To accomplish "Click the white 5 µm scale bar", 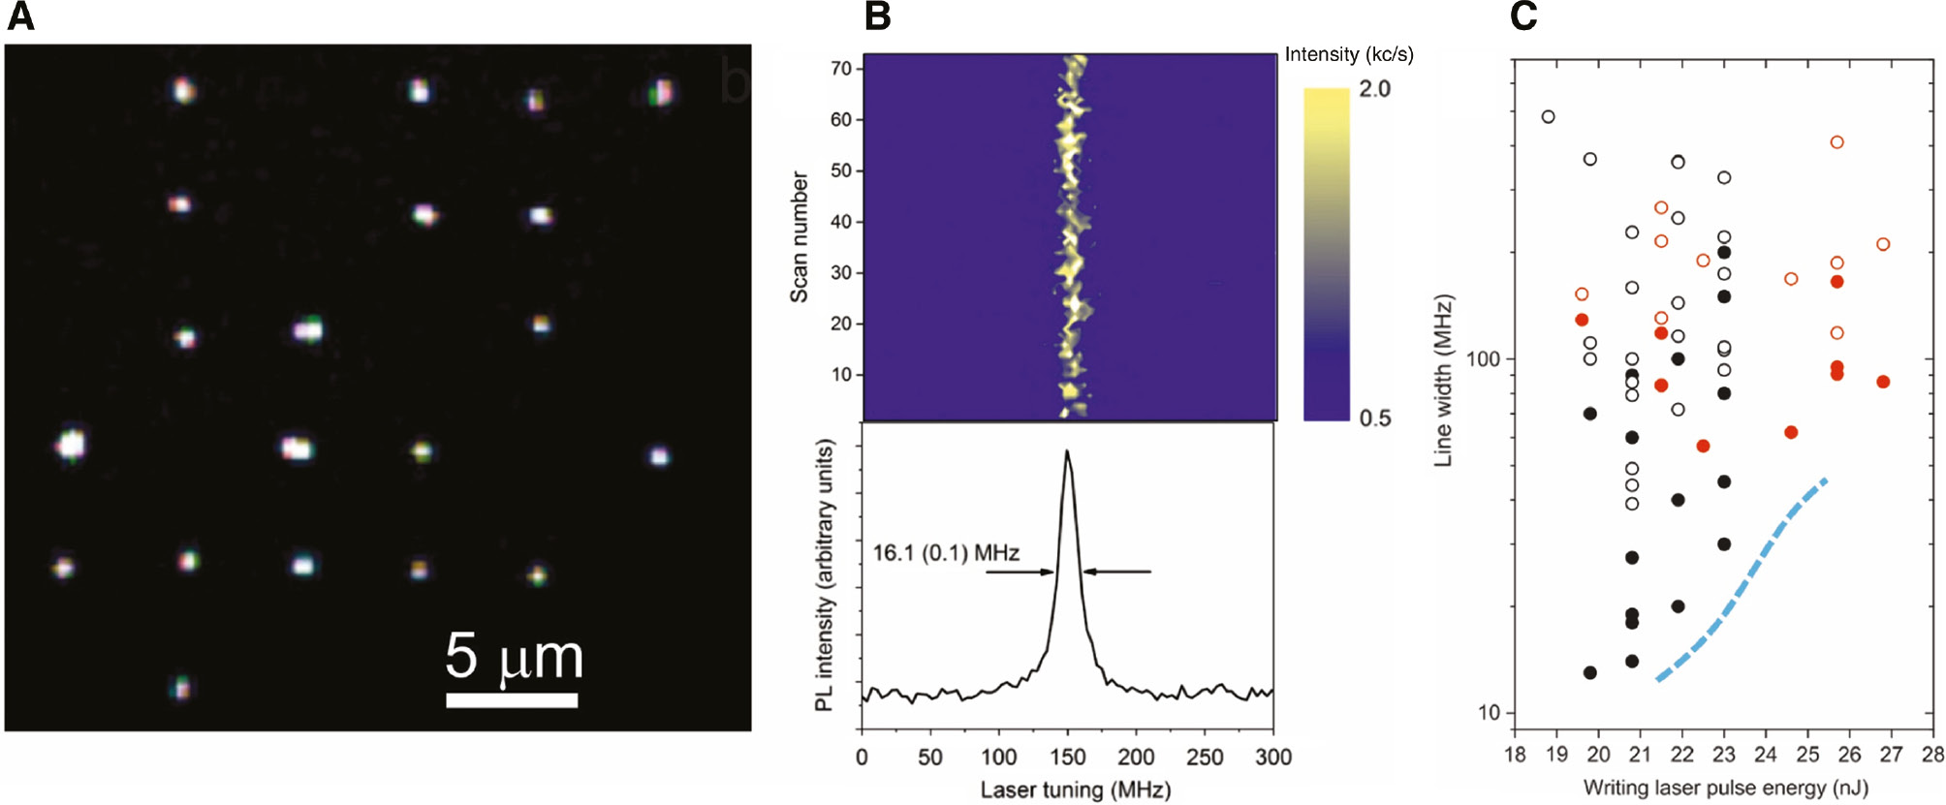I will pos(512,699).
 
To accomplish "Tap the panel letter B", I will pos(877,16).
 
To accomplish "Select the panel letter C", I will pos(1524,16).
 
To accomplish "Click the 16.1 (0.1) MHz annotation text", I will pos(946,553).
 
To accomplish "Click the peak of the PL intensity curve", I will pos(1068,451).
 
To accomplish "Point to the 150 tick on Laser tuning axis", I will pos(1068,757).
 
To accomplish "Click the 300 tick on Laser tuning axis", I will pos(1273,757).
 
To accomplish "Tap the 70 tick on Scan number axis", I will pos(840,69).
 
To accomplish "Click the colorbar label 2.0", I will pos(1374,89).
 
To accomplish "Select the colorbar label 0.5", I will pos(1374,418).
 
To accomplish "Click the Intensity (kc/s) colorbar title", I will pos(1348,54).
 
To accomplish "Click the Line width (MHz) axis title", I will pos(1443,381).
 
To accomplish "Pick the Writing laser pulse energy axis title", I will pos(1725,788).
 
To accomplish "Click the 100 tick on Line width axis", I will pos(1483,359).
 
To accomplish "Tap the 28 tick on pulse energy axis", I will pos(1932,755).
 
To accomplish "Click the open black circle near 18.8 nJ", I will pos(1548,117).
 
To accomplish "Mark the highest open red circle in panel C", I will pos(1836,142).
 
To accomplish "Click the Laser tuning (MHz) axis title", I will pos(1075,790).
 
